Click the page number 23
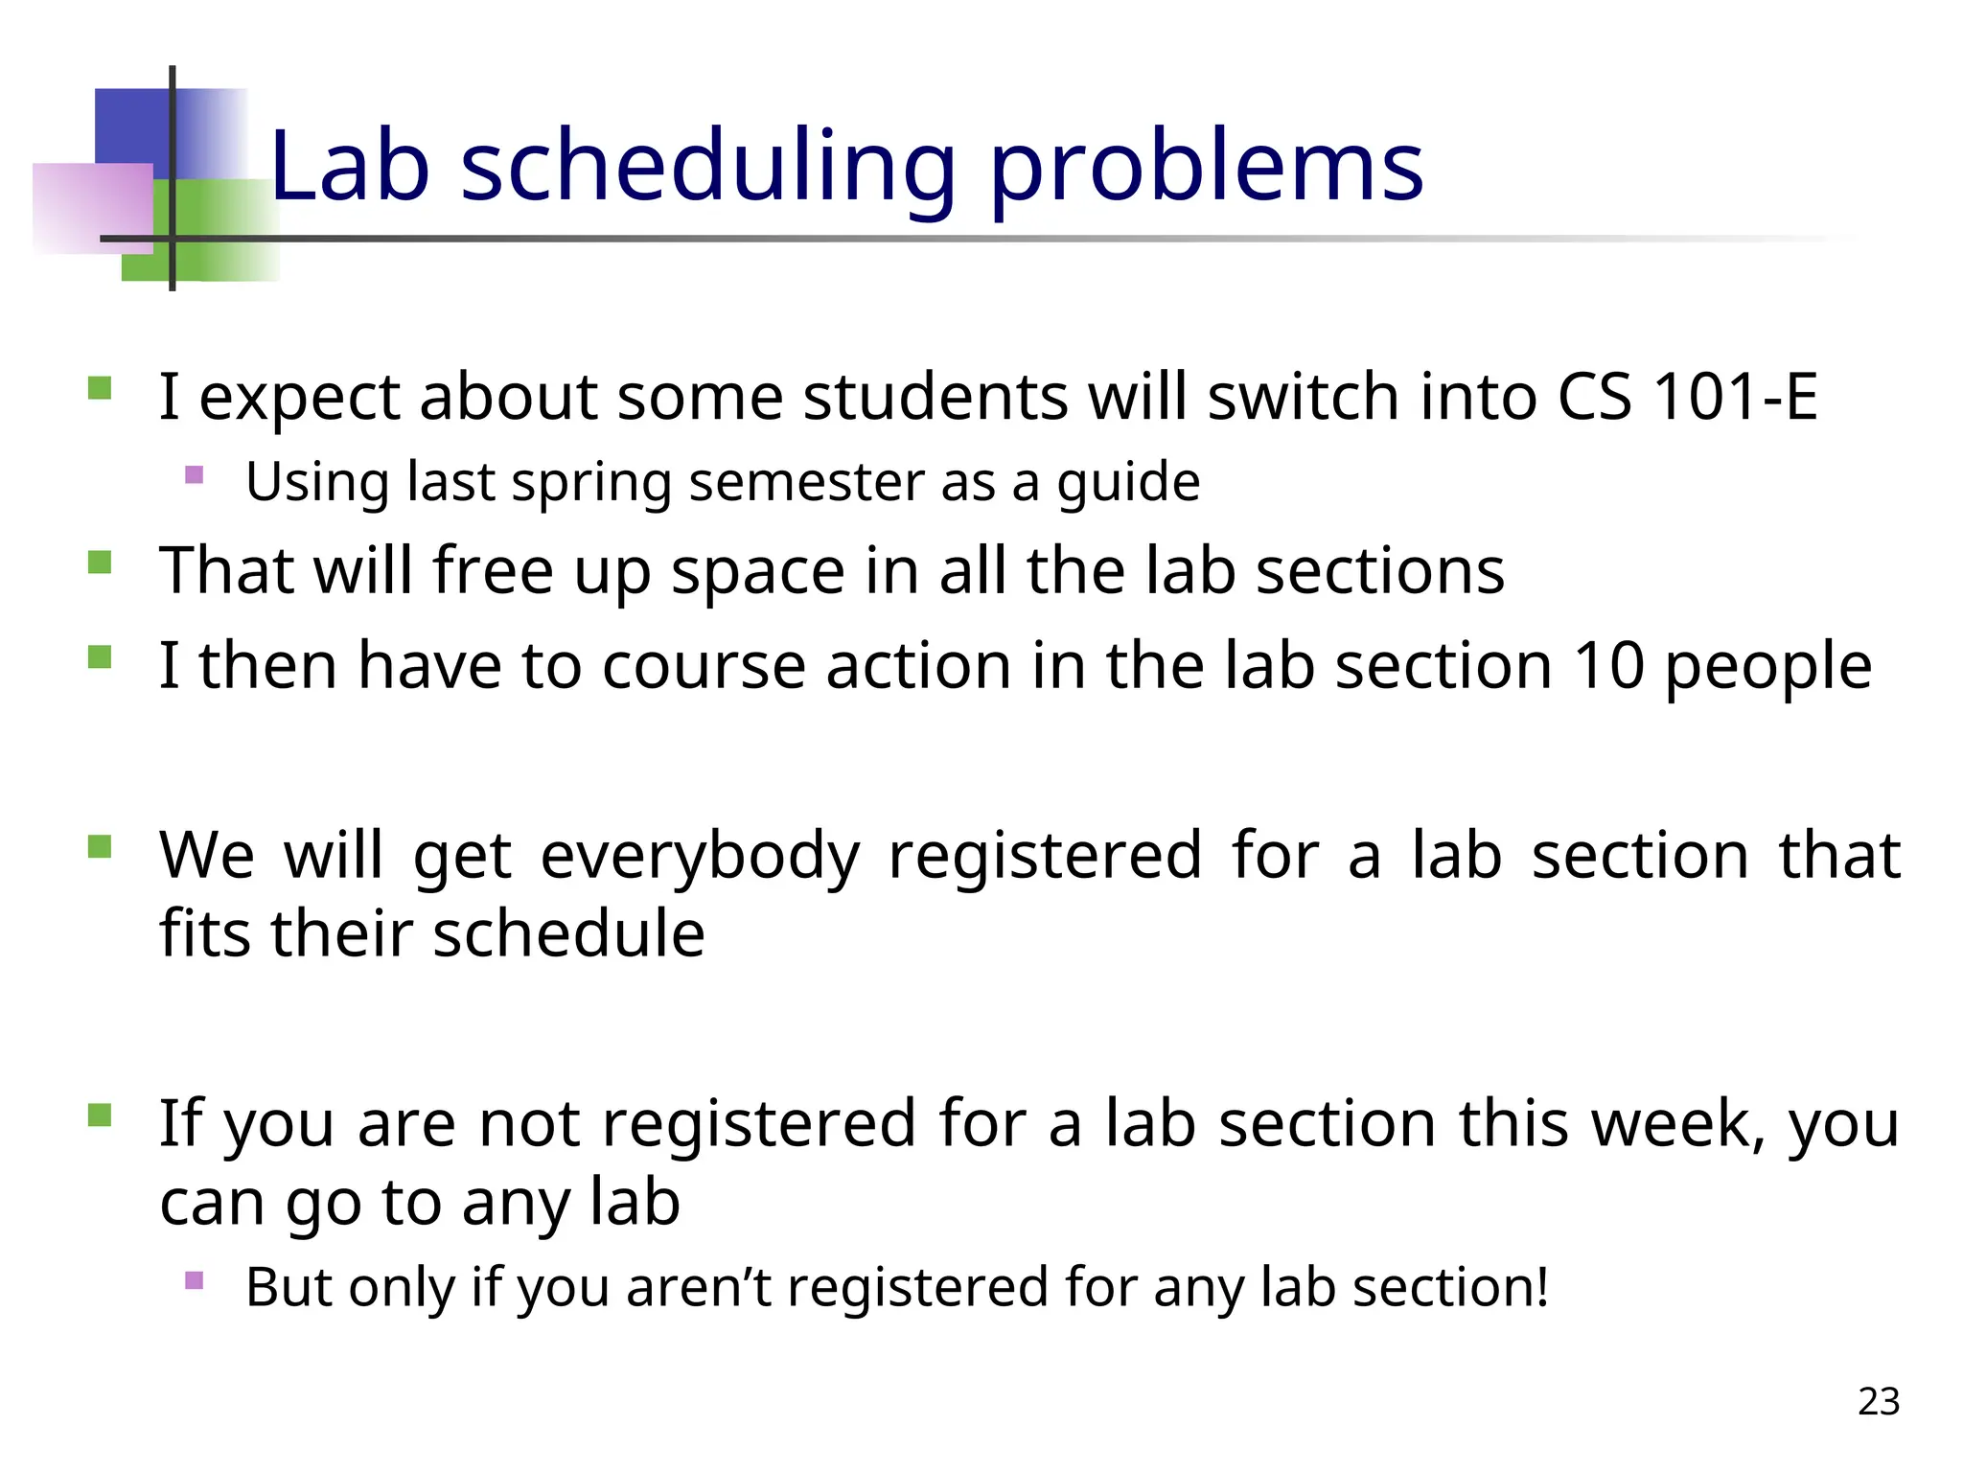(1878, 1401)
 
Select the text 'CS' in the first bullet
(1594, 396)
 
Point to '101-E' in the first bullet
(1736, 396)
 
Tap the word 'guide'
(1128, 482)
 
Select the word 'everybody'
(700, 855)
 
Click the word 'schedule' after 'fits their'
(568, 933)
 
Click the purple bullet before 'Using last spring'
(195, 474)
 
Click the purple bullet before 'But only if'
(195, 1280)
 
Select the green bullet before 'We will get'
(100, 846)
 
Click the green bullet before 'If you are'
(100, 1115)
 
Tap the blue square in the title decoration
(132, 125)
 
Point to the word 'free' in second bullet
(493, 571)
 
